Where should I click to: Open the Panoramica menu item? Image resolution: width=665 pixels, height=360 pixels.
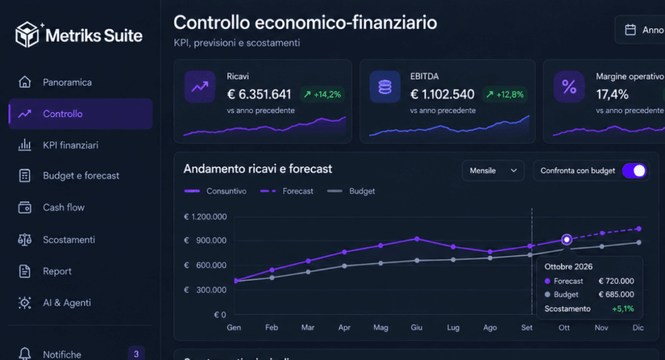[67, 83]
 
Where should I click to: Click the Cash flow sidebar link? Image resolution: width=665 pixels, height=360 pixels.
[64, 207]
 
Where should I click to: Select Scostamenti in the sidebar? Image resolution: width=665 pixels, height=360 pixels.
[69, 240]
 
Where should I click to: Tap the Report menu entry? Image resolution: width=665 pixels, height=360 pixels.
[57, 271]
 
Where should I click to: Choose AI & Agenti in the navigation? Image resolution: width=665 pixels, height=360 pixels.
[67, 303]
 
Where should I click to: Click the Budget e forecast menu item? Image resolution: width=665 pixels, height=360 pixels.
[81, 175]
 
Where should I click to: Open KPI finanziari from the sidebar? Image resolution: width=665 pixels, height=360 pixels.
[70, 145]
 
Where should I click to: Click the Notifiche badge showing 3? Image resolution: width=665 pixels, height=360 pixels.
[136, 354]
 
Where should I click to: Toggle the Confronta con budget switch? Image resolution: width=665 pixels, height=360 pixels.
[634, 171]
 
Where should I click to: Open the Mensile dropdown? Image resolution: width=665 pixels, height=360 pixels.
[493, 171]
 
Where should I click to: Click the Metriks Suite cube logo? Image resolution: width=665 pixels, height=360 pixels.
[27, 34]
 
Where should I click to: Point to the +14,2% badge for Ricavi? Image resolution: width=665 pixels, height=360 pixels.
[322, 94]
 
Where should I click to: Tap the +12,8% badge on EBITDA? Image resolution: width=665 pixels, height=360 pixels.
[505, 94]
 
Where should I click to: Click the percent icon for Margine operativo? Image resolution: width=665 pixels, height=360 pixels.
[569, 86]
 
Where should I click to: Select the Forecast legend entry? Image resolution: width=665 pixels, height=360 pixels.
[286, 191]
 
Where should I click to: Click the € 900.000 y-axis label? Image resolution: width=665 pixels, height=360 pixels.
[205, 240]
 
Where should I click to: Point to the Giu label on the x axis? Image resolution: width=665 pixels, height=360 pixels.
[416, 328]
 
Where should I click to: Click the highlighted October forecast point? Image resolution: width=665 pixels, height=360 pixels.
[566, 239]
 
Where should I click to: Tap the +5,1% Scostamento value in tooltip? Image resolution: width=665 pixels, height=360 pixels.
[623, 309]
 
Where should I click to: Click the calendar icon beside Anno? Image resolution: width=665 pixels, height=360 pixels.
[630, 30]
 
